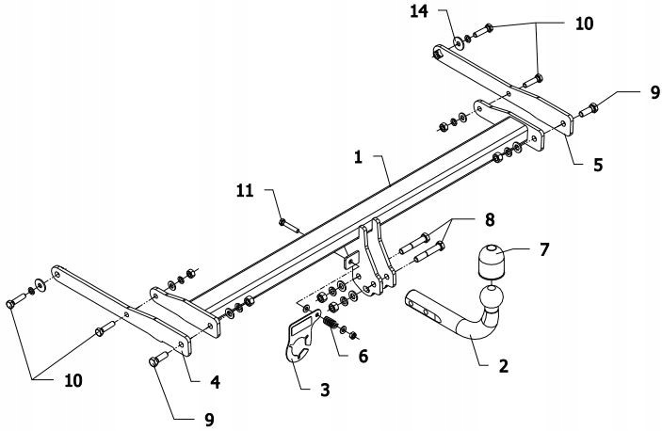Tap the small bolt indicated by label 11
tap(286, 224)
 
